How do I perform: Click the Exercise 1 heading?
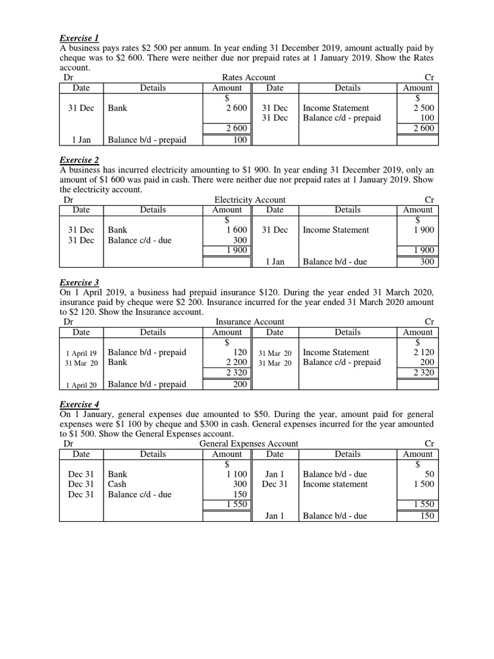[x=79, y=38]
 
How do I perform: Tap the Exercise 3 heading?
[x=79, y=282]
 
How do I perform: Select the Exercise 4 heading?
[x=79, y=404]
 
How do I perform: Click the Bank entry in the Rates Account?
[x=118, y=108]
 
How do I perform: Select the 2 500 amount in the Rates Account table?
[x=423, y=108]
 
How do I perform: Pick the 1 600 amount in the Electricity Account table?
[x=236, y=230]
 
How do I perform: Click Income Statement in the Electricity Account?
[x=336, y=230]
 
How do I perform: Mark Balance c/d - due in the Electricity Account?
[x=140, y=240]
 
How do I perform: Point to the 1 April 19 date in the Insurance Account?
[x=81, y=353]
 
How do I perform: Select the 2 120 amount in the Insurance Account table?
[x=423, y=352]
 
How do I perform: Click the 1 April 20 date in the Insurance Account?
[x=81, y=385]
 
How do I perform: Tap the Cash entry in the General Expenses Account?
[x=118, y=484]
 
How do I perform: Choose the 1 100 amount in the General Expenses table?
[x=236, y=474]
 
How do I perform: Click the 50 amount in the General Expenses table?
[x=429, y=474]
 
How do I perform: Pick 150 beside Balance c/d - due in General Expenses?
[x=239, y=494]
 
